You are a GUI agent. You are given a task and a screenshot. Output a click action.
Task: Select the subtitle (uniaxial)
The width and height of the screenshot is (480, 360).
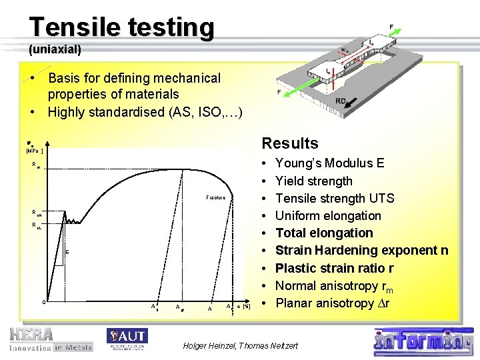pos(55,49)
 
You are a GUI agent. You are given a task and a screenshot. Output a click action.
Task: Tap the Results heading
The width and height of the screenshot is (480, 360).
pos(290,143)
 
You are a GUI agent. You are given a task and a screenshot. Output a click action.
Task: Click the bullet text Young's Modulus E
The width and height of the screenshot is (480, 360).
pos(329,163)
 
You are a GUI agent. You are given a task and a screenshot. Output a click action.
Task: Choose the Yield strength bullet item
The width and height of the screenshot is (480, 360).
pos(313,181)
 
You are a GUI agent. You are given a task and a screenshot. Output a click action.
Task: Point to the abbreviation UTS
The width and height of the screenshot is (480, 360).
pos(381,198)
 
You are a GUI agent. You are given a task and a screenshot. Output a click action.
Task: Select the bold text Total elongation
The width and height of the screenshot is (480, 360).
pos(324,233)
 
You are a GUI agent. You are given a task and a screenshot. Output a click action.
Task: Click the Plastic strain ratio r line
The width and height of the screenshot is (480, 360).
pos(335,268)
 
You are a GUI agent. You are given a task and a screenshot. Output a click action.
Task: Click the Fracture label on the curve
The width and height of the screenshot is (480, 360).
pos(215,198)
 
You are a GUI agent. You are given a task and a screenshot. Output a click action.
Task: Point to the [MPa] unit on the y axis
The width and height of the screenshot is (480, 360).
pos(35,151)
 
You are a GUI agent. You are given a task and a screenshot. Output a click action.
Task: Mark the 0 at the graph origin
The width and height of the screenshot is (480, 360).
pos(43,302)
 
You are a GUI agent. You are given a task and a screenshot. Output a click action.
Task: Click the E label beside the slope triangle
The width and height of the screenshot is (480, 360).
pos(67,251)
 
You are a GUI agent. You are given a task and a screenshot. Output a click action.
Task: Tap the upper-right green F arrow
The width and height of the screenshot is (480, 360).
pos(383,36)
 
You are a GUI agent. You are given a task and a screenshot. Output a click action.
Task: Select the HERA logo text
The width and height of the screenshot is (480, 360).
pos(31,333)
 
